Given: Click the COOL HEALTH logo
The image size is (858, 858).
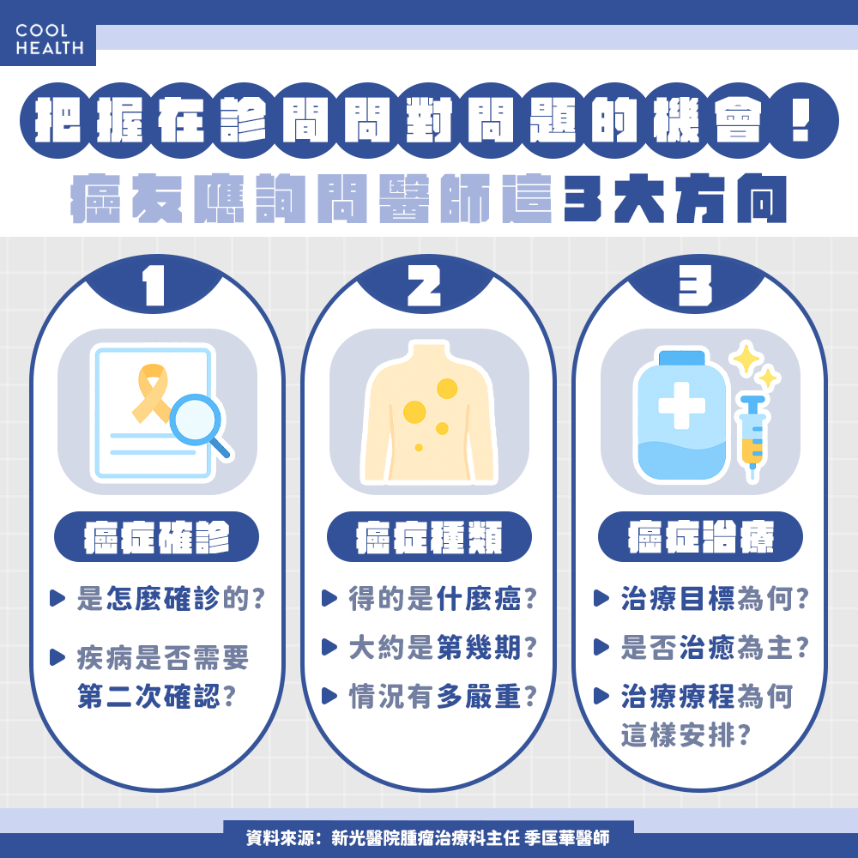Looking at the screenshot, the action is pyautogui.click(x=49, y=39).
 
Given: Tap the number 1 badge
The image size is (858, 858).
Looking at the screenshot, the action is pyautogui.click(x=154, y=287).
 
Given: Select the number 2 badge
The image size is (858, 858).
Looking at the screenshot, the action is pyautogui.click(x=424, y=287).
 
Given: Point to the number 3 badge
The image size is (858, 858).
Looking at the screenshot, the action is pyautogui.click(x=695, y=287).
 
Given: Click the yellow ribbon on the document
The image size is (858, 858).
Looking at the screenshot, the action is pyautogui.click(x=151, y=394).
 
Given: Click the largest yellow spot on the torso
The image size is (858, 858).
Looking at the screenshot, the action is pyautogui.click(x=414, y=412).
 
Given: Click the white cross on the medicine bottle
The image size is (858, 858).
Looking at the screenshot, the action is pyautogui.click(x=682, y=406).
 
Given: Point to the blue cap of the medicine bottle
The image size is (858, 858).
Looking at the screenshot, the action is pyautogui.click(x=682, y=358).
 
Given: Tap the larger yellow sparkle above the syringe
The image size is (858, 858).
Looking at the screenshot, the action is pyautogui.click(x=745, y=359).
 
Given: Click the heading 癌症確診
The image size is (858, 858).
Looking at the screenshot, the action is pyautogui.click(x=156, y=537).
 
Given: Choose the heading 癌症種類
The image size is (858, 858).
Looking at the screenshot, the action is pyautogui.click(x=429, y=537).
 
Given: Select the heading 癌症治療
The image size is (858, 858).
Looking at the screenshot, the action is pyautogui.click(x=700, y=537).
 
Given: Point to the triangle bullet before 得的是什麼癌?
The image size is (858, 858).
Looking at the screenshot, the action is pyautogui.click(x=329, y=598).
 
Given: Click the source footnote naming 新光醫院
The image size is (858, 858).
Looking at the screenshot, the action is pyautogui.click(x=428, y=837).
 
